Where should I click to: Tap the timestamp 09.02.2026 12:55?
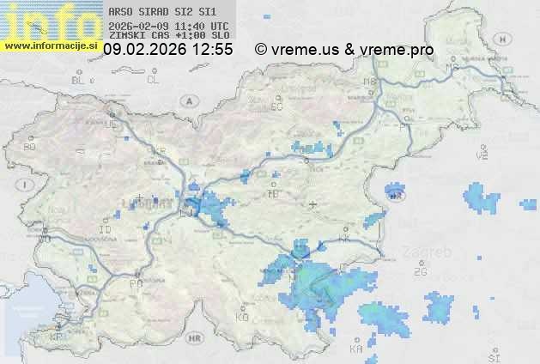tap(168, 50)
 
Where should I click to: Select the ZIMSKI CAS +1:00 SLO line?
tap(168, 36)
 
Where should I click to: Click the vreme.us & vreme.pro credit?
tap(343, 50)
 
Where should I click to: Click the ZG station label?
tap(420, 272)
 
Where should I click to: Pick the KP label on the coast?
tap(57, 337)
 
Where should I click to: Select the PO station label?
tap(135, 283)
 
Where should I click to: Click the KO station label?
tap(241, 317)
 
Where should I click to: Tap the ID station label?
tap(106, 230)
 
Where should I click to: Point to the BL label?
tap(79, 80)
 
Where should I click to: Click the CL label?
tap(153, 80)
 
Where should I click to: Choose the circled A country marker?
tap(187, 100)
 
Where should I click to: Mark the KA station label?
tap(356, 349)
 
